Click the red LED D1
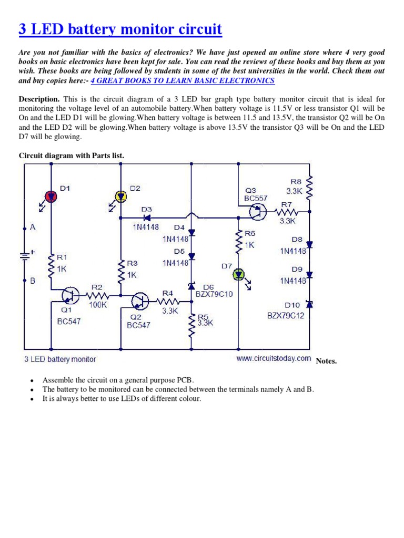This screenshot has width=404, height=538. click(x=51, y=196)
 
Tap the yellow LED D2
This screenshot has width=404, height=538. click(x=120, y=196)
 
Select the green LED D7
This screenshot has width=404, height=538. click(x=239, y=274)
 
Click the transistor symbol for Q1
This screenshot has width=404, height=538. click(x=68, y=296)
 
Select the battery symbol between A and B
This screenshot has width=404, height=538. click(x=25, y=256)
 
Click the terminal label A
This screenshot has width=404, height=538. click(x=33, y=228)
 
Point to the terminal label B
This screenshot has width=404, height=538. click(x=33, y=281)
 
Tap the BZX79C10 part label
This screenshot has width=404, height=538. click(x=214, y=294)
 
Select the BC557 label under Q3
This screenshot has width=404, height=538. click(x=256, y=199)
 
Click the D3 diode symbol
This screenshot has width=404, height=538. click(x=147, y=218)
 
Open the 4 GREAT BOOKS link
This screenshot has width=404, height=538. click(x=183, y=80)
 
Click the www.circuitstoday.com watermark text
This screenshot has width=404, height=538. click(x=274, y=359)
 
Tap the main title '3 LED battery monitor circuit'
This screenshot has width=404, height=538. click(x=120, y=30)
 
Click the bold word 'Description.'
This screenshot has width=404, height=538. click(x=39, y=99)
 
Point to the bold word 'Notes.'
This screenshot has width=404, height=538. click(x=326, y=361)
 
